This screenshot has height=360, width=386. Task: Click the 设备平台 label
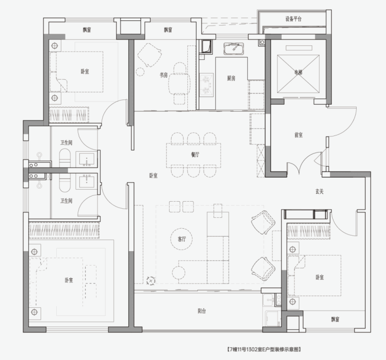(293, 19)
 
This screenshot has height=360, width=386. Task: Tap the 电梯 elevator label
(298, 72)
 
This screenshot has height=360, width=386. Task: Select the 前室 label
(298, 135)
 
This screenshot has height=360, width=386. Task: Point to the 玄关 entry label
(319, 192)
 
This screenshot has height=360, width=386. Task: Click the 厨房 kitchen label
(231, 78)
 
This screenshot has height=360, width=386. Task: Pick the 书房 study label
(163, 75)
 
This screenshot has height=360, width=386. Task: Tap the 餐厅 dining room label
(195, 155)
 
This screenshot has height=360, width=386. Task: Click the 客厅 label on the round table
(182, 239)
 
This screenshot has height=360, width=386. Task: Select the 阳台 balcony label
(202, 311)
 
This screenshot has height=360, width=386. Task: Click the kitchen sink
(234, 48)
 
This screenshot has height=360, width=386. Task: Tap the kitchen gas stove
(206, 85)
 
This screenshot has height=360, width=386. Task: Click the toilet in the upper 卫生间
(65, 158)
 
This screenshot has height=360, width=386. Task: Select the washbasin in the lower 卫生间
(85, 181)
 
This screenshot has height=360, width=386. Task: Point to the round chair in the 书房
(140, 72)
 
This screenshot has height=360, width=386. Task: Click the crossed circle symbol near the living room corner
(151, 281)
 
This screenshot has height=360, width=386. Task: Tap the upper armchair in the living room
(263, 222)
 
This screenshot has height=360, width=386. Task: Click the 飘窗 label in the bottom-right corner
(335, 319)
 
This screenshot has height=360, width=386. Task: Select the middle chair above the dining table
(194, 139)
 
